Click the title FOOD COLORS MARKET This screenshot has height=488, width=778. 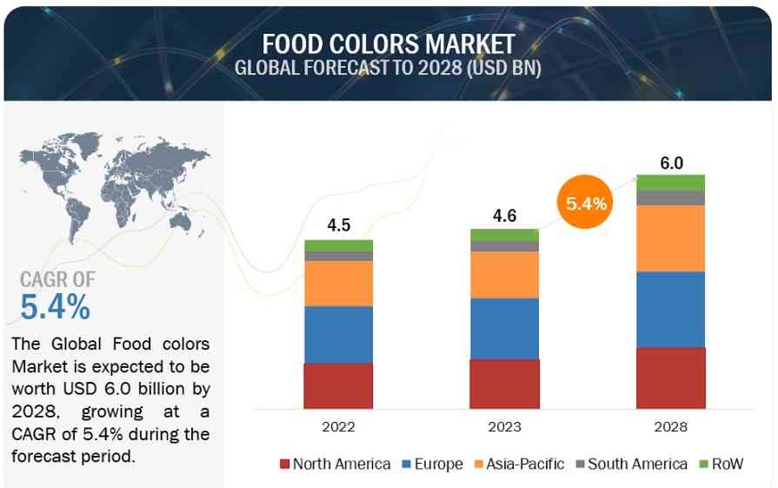pyautogui.click(x=389, y=43)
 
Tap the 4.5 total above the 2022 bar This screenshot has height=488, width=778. pyautogui.click(x=338, y=224)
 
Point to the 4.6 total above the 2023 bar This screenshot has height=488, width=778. pyautogui.click(x=504, y=214)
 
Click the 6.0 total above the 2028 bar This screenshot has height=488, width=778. pyautogui.click(x=670, y=162)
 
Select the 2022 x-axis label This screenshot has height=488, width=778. pyautogui.click(x=338, y=427)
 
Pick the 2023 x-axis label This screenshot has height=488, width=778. pyautogui.click(x=504, y=427)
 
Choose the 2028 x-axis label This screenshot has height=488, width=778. pyautogui.click(x=670, y=427)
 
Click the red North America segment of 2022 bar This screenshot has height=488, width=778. pyautogui.click(x=338, y=385)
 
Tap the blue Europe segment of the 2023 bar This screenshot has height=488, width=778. pyautogui.click(x=504, y=328)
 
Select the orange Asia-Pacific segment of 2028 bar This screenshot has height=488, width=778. pyautogui.click(x=670, y=237)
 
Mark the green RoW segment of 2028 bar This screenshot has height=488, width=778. pyautogui.click(x=670, y=182)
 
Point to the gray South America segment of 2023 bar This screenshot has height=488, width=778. pyautogui.click(x=504, y=246)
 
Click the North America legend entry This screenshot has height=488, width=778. pyautogui.click(x=335, y=464)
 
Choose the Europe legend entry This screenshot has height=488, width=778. pyautogui.click(x=433, y=464)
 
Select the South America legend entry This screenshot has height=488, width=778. pyautogui.click(x=630, y=464)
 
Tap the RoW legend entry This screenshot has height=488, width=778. pyautogui.click(x=721, y=464)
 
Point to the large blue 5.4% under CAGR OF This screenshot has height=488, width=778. pyautogui.click(x=55, y=306)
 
